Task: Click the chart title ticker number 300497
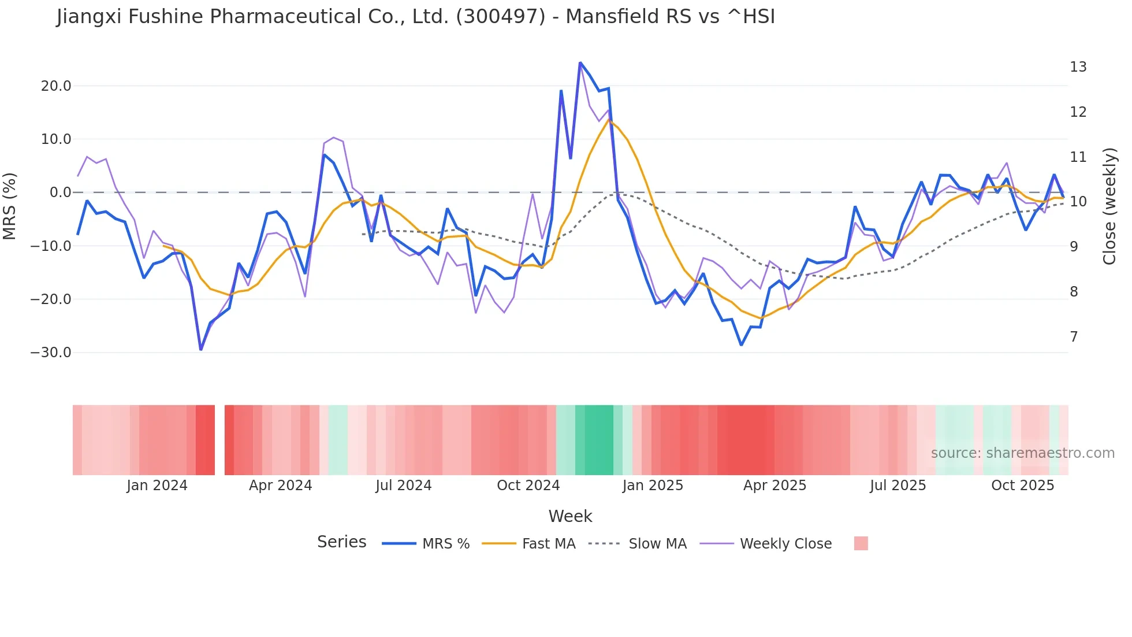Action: point(500,17)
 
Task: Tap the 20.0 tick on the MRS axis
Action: point(56,86)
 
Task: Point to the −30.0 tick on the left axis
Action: point(51,353)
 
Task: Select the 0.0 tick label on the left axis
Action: point(61,192)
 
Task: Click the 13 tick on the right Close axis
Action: point(1078,67)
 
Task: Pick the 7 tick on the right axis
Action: point(1074,337)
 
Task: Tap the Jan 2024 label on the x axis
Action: point(157,486)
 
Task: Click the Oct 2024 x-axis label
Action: point(528,486)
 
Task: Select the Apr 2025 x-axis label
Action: point(774,486)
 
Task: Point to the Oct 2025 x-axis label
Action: point(1022,486)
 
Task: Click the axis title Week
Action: point(570,516)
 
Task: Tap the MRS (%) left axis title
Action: point(10,206)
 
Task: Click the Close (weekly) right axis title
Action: point(1109,206)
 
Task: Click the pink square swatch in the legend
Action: point(861,543)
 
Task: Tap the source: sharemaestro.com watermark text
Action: point(1022,453)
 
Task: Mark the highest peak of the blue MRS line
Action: point(580,63)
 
